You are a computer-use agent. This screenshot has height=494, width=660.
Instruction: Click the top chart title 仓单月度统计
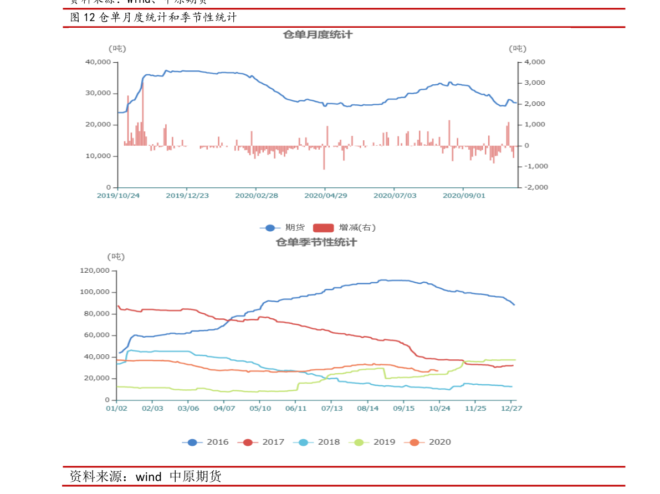(x=318, y=35)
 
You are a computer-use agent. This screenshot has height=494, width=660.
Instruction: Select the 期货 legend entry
(x=283, y=227)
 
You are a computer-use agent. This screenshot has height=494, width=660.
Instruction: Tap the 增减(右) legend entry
(x=345, y=227)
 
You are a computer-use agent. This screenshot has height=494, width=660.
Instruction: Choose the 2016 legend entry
(x=205, y=442)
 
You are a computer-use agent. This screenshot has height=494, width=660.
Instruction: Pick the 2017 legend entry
(x=260, y=442)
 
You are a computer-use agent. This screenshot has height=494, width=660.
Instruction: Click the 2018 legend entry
(x=316, y=442)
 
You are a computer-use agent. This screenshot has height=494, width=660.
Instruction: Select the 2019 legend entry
(x=372, y=442)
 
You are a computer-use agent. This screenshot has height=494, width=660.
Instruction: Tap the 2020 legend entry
(x=427, y=442)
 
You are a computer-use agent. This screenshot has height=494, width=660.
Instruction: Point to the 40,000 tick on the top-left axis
(x=98, y=62)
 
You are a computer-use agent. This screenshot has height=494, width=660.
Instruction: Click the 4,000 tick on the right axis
(x=535, y=62)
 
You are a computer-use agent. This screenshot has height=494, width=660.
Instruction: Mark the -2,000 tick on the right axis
(x=534, y=187)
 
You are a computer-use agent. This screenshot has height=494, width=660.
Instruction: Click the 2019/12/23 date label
(x=187, y=196)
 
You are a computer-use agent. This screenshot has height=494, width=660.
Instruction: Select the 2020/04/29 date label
(x=326, y=196)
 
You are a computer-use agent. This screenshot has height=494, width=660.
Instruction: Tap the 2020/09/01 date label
(x=464, y=196)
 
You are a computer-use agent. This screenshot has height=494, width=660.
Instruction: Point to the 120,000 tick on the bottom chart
(x=95, y=271)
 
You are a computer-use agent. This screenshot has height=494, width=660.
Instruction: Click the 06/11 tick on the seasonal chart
(x=295, y=408)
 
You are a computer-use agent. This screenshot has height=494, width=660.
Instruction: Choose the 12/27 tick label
(x=511, y=408)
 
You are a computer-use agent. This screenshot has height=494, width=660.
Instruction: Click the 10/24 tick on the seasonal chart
(x=439, y=408)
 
